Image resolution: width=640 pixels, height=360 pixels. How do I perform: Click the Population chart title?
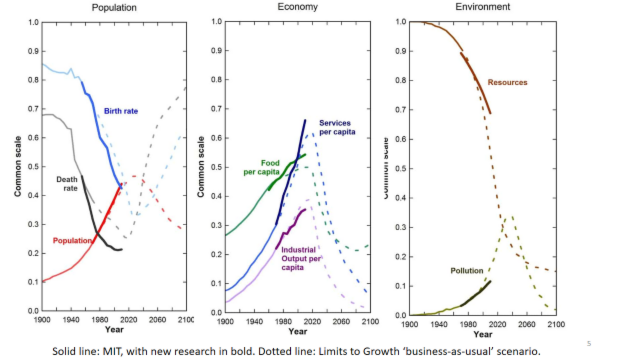114,8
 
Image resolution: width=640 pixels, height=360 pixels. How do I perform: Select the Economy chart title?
297,7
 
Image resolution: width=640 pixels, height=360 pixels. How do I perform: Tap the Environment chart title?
482,7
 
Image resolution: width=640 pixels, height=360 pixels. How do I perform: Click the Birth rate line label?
121,111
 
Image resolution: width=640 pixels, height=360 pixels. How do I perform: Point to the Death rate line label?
67,184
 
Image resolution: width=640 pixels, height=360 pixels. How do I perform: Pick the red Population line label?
72,241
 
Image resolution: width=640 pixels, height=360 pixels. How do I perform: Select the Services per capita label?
337,127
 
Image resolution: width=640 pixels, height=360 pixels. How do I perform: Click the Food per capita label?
262,167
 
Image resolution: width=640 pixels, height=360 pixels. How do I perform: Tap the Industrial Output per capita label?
300,259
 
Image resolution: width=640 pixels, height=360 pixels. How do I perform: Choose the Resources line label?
507,83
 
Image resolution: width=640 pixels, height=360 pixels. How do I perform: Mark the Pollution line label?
467,271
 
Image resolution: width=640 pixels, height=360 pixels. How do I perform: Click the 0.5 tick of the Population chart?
33,167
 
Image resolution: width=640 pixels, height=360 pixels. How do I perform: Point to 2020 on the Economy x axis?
312,322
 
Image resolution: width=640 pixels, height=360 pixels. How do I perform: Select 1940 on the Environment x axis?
439,324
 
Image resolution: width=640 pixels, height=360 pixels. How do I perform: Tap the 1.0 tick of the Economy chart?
217,22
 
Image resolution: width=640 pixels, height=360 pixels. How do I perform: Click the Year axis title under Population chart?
114,330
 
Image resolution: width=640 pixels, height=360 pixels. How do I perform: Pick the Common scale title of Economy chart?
201,167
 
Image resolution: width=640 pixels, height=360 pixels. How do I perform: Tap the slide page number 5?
589,344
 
